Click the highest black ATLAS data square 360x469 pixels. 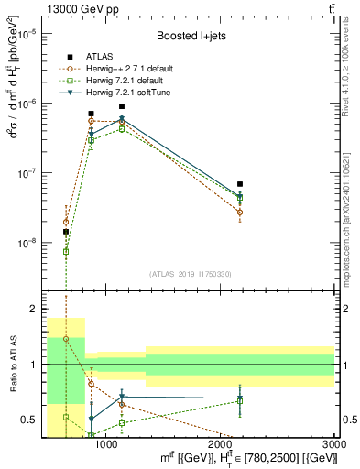[122, 106]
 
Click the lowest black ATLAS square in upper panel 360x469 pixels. [66, 232]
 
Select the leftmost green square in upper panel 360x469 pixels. [66, 251]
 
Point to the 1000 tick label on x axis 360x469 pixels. [106, 443]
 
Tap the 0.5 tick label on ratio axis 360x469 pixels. [29, 420]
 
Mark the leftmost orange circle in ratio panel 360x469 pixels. [66, 339]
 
